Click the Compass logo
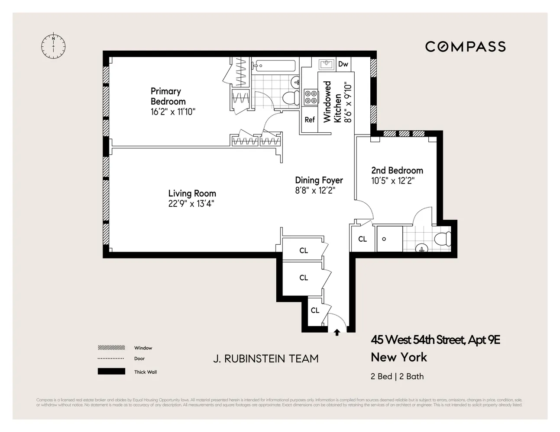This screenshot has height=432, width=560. click(x=465, y=47)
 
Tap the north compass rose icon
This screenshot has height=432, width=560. click(x=53, y=45)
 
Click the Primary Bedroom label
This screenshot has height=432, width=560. click(x=168, y=96)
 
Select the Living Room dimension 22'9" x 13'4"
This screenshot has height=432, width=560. click(x=191, y=204)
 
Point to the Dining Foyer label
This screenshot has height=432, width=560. click(x=319, y=180)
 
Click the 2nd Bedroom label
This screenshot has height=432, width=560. click(x=397, y=170)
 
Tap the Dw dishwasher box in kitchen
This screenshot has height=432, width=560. click(x=343, y=64)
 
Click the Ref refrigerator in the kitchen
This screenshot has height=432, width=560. click(x=309, y=120)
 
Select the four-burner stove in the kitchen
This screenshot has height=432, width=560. click(x=310, y=97)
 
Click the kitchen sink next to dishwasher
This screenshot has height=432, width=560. click(x=326, y=65)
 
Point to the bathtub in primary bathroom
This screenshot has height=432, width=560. click(x=274, y=66)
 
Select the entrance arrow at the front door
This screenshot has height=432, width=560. click(x=337, y=332)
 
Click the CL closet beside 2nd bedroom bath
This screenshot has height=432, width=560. click(x=362, y=239)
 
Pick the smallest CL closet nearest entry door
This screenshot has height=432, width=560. click(x=315, y=310)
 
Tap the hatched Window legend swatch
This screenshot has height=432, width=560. click(x=111, y=348)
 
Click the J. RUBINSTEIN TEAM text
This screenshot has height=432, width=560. click(x=265, y=359)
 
